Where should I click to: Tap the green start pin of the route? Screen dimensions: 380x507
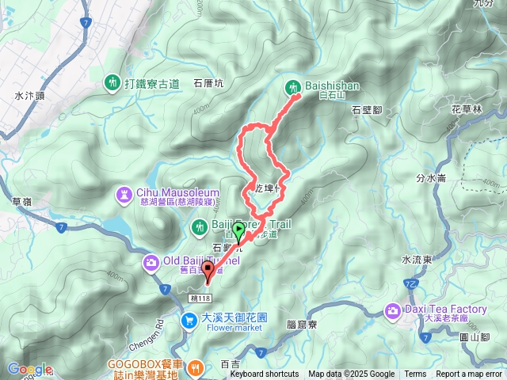[238, 230]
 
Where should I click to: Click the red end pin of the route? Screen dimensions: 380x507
[209, 272]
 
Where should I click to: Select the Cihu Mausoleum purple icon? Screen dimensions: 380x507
[125, 192]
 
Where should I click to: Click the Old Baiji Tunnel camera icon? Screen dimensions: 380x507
[150, 262]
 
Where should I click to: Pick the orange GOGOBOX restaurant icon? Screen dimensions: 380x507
[197, 367]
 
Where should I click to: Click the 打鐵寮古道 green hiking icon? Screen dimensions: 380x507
[112, 82]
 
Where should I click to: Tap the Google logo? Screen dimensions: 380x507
[29, 369]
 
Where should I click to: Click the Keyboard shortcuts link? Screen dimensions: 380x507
[265, 374]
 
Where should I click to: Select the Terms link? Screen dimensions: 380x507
[415, 374]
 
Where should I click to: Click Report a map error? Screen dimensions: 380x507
[469, 374]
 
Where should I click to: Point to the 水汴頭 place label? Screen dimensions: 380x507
[29, 95]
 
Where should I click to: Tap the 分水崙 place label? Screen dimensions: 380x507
[430, 177]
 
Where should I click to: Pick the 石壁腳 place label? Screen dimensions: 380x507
[367, 111]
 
